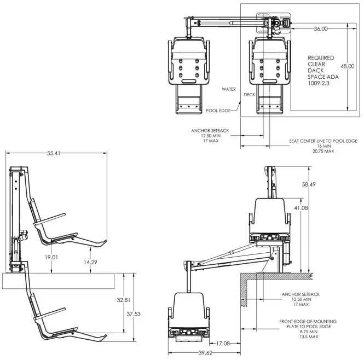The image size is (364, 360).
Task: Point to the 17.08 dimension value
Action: coord(224,344)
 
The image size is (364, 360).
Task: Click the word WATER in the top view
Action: coord(229,88)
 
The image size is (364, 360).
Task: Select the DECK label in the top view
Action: coord(250,94)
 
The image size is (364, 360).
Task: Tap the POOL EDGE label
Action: coord(217,111)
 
